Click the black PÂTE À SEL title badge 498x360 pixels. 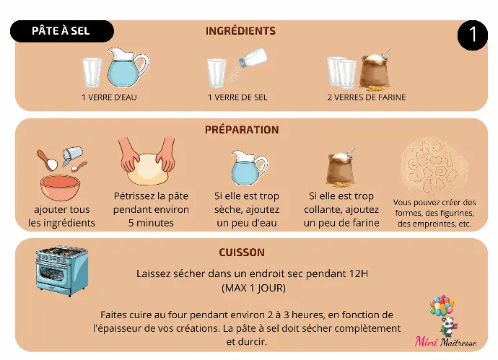pos(62,31)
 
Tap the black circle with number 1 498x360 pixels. pos(472,35)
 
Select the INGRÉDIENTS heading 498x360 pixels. pos(240,31)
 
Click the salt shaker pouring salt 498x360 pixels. pos(253,58)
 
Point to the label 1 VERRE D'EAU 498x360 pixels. pos(109,97)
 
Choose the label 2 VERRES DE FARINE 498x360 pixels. pos(367,97)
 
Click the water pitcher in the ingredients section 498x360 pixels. pos(127,68)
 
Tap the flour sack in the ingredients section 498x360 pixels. pos(375,71)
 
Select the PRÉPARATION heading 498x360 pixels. pos(242,130)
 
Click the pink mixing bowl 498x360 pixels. pos(60,188)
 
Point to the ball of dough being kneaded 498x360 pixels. pos(148,170)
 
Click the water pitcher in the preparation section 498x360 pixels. pos(249,168)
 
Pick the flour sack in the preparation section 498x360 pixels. pos(341,167)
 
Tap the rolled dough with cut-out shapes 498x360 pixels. pos(434,166)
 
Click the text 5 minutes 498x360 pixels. pos(151,223)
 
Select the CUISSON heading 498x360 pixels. pos(242,253)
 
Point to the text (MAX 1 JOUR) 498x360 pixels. pos(253,288)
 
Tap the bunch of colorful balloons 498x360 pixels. pos(442,305)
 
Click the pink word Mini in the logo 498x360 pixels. pos(427,341)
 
